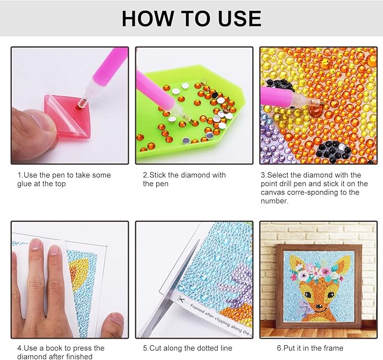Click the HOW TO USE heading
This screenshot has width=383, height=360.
(192, 18)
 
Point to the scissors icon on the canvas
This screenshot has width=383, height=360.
(181, 299)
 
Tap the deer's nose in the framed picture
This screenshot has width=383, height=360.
(318, 306)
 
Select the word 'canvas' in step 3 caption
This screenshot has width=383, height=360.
(273, 192)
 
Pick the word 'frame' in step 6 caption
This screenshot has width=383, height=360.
(333, 348)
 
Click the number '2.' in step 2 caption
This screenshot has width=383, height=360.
(146, 175)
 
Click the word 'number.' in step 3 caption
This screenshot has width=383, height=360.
(275, 201)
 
